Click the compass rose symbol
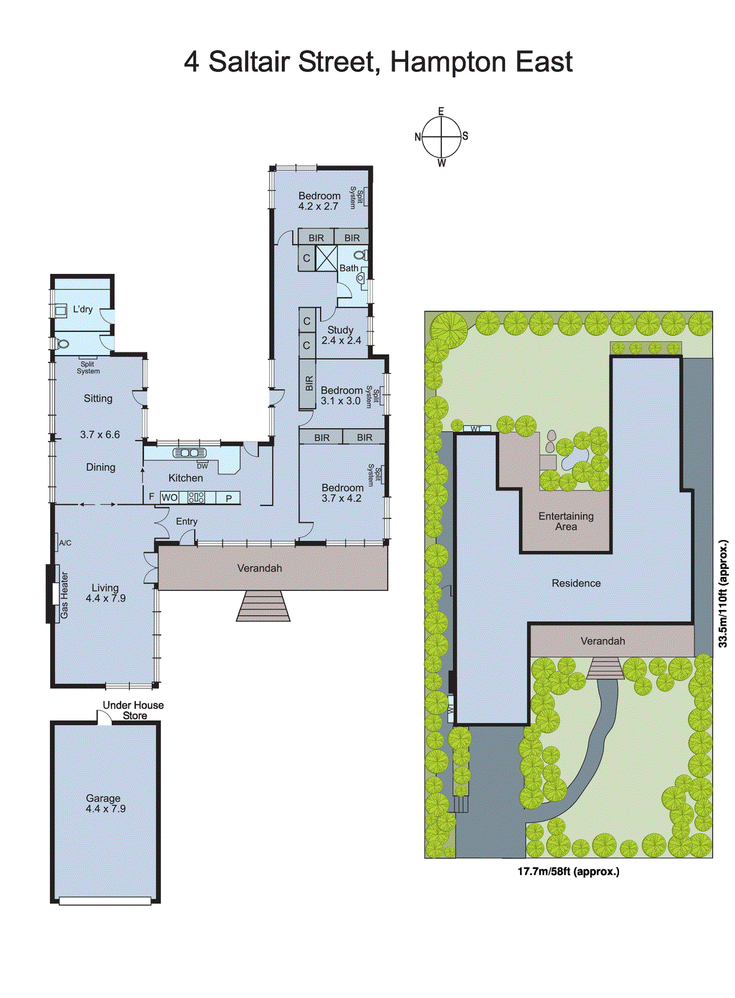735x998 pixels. [441, 137]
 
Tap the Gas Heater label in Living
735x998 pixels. [64, 595]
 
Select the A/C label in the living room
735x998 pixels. [65, 543]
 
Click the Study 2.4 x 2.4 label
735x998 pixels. [341, 335]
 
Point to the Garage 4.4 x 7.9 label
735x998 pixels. [105, 803]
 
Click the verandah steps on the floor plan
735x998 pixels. [263, 606]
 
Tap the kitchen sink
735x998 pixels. [190, 453]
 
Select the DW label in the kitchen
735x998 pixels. [202, 466]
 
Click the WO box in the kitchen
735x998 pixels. [170, 498]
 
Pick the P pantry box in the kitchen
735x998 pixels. [229, 498]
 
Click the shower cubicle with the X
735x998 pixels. [326, 258]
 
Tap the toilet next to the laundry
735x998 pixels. [62, 344]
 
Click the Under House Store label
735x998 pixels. [133, 710]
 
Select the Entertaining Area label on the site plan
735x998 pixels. [566, 521]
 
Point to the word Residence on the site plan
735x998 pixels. [576, 583]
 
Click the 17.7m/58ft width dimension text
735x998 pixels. [568, 871]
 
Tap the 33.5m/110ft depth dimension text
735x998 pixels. [723, 594]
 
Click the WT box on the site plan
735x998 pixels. [476, 429]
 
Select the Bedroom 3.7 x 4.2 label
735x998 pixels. [342, 493]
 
